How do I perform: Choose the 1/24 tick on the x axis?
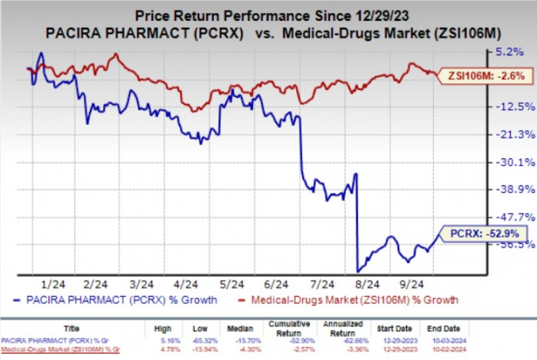[x=54, y=282]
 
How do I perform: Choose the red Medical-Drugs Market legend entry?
[x=356, y=300]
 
